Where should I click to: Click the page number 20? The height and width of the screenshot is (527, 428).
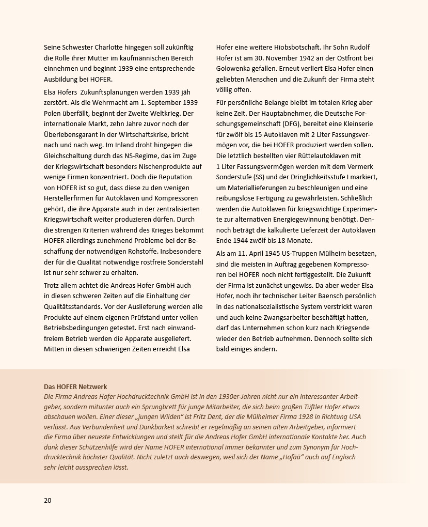(x=47, y=500)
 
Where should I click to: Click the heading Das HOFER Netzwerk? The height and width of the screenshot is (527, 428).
(x=75, y=386)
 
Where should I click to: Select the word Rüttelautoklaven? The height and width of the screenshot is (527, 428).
(x=316, y=156)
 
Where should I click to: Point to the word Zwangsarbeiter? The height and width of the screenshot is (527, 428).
(x=280, y=317)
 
